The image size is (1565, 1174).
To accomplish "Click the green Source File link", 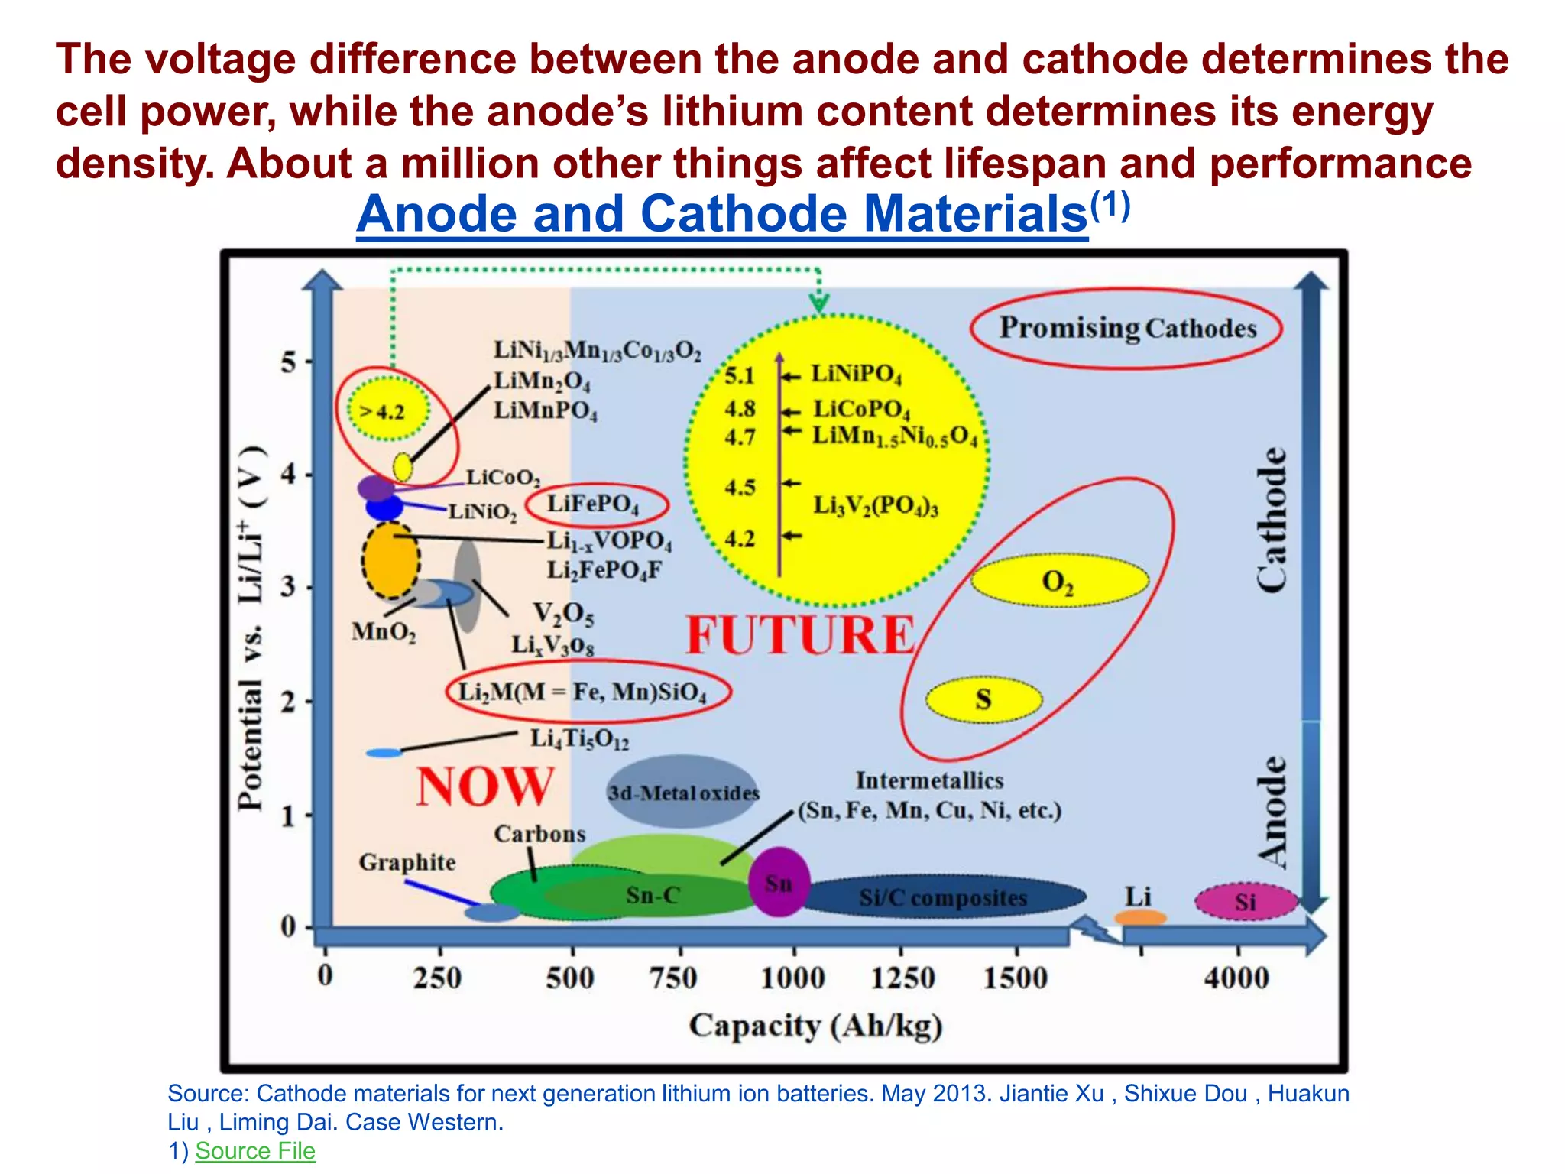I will [255, 1150].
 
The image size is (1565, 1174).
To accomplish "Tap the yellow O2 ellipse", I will [1059, 581].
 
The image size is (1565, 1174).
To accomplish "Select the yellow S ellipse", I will [983, 699].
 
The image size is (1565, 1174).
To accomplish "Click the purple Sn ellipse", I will [779, 882].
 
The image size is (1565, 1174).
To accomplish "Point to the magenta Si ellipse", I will [1246, 902].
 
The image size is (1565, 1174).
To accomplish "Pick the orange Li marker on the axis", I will [1140, 916].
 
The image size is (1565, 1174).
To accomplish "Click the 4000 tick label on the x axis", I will [1236, 978].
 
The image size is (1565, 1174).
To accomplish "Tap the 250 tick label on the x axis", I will [438, 978].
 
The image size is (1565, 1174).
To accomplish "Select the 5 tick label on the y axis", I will [288, 362].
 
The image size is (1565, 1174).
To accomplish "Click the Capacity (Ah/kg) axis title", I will [815, 1026].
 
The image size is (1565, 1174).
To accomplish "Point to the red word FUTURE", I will [800, 635].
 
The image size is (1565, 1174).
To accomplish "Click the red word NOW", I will [484, 786].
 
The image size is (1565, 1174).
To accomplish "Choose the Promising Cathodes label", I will [1128, 329].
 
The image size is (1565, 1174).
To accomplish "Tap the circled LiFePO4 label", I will [594, 504].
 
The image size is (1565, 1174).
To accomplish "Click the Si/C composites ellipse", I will [943, 897].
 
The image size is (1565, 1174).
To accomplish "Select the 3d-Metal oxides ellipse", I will [683, 793].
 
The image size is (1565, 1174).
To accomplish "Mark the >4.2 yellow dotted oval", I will [388, 410].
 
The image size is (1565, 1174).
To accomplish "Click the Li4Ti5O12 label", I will [579, 739].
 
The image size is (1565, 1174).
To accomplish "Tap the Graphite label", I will [407, 862].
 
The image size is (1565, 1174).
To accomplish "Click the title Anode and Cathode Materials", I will [722, 214].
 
